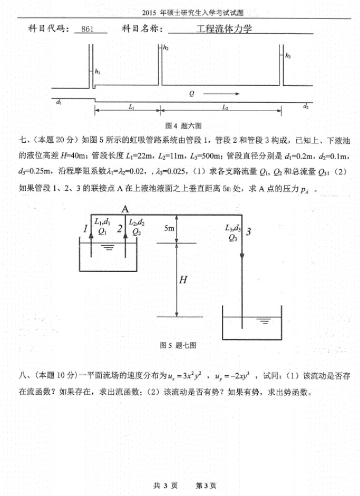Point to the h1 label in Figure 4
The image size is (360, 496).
(98, 71)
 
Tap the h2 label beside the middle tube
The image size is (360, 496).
(166, 48)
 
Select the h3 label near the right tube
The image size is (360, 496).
(288, 55)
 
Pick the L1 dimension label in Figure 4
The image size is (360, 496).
(131, 106)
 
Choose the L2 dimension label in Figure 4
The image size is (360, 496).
(225, 106)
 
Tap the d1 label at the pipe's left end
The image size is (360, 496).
(59, 103)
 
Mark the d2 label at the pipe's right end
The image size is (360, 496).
(306, 106)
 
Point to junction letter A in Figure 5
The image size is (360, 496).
(125, 209)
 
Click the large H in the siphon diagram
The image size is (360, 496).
(183, 280)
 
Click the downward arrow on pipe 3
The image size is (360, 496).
(242, 255)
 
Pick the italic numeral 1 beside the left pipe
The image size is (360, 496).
(84, 228)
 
